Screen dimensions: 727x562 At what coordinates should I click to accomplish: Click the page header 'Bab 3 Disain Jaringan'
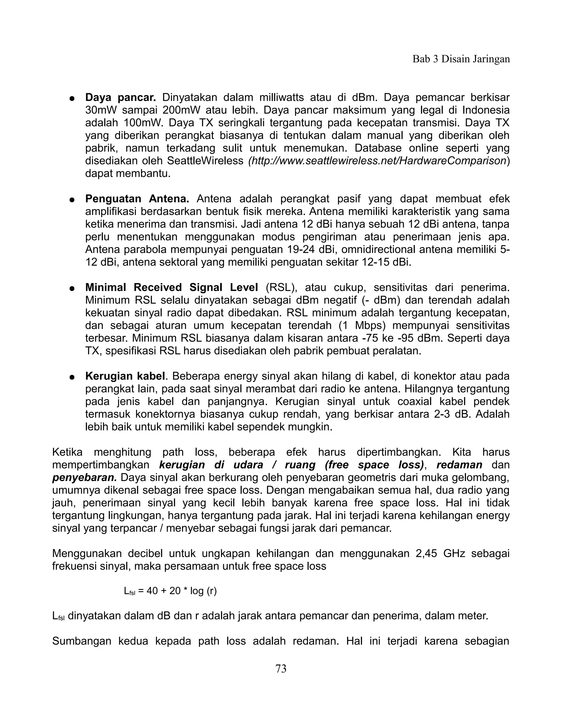461,59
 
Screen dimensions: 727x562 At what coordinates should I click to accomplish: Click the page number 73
281,668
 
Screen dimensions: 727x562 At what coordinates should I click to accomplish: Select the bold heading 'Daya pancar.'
120,98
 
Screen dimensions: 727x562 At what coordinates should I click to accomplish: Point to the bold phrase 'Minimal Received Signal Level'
172,287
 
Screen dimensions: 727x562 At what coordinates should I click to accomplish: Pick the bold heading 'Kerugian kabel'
125,376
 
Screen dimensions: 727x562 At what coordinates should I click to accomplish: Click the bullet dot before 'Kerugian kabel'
71,377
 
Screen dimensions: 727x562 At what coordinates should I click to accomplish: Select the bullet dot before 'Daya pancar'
71,99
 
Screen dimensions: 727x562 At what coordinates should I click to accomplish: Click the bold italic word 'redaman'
459,465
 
